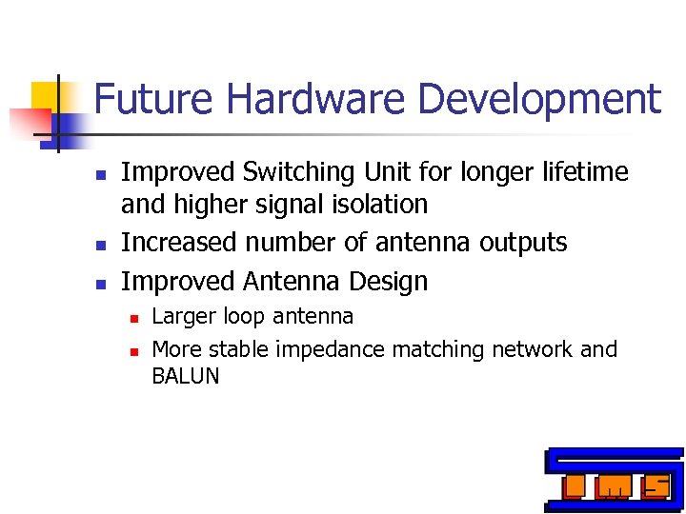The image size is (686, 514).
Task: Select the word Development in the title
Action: click(x=539, y=100)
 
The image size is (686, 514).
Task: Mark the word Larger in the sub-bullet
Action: click(x=182, y=316)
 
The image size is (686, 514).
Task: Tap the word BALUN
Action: click(x=186, y=376)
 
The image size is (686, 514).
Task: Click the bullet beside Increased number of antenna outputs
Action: click(x=98, y=245)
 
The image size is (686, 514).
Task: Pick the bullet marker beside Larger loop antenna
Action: click(x=135, y=318)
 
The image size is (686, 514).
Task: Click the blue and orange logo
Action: click(x=614, y=480)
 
